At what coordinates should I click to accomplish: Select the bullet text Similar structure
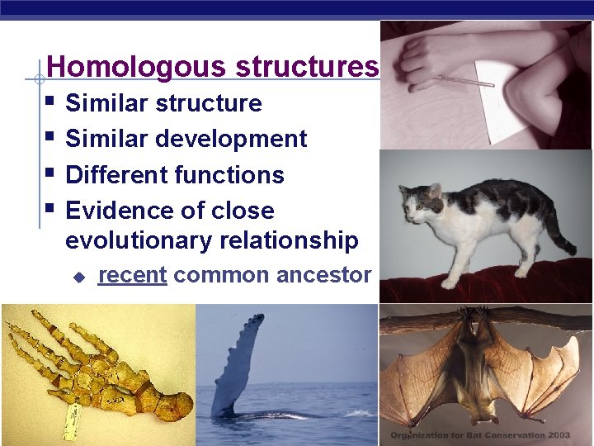coord(163,103)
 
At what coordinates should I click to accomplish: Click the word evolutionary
coord(132,240)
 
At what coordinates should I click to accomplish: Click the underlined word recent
coord(132,275)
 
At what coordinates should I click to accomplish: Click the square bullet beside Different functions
coord(52,174)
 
